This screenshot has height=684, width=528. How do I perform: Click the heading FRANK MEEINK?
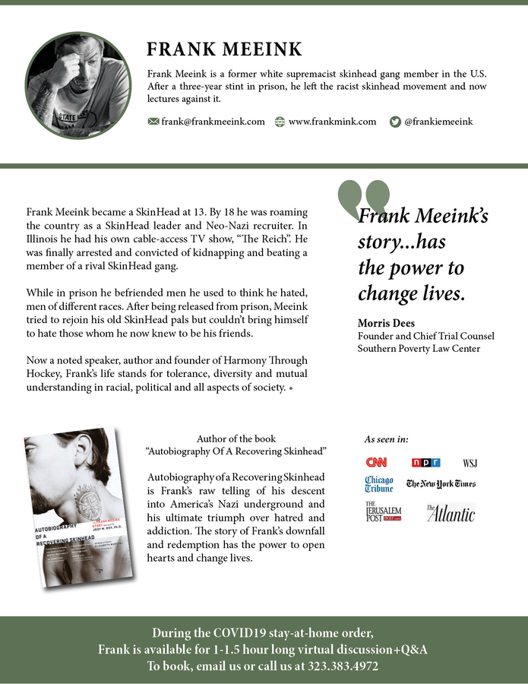(x=224, y=50)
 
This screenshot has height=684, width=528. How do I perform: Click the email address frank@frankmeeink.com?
(x=213, y=121)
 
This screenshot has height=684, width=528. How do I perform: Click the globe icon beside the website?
(x=280, y=121)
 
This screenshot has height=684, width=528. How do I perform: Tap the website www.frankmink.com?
(x=332, y=121)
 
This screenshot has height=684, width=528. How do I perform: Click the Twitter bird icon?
(x=394, y=121)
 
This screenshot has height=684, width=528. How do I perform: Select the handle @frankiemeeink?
(x=438, y=121)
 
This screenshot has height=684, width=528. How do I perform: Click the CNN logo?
(x=376, y=462)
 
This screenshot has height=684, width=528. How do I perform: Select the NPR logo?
(x=425, y=462)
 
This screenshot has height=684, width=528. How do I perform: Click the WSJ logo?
(x=470, y=463)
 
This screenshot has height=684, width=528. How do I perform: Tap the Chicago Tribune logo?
(x=378, y=485)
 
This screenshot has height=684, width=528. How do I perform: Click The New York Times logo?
(x=441, y=484)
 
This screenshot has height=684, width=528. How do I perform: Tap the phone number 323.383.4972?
(x=343, y=666)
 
